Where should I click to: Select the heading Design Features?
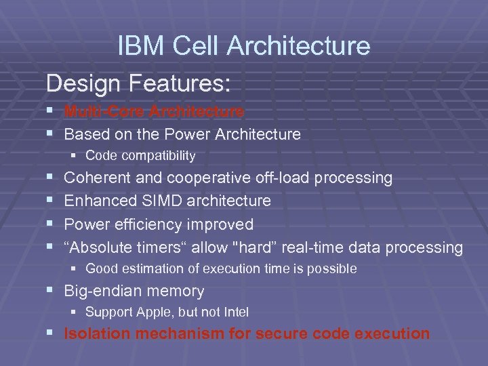point(138,84)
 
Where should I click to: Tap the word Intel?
point(234,312)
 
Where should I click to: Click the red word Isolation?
point(94,333)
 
